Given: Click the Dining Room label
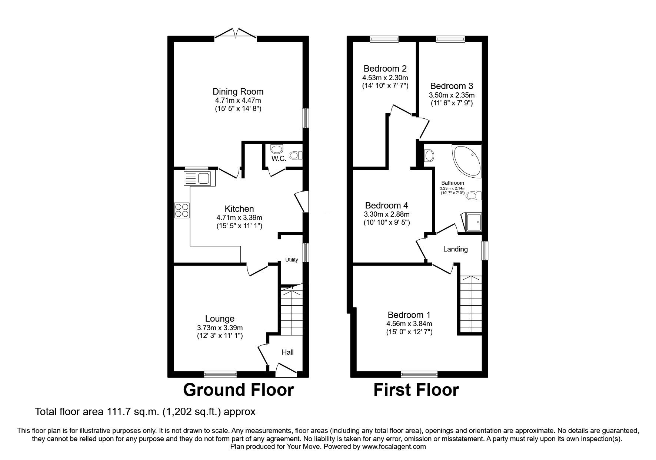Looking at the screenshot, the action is [x=238, y=91].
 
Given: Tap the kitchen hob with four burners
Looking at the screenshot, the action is [x=182, y=211].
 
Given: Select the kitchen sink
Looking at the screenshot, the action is [x=197, y=178].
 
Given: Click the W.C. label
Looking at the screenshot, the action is [x=279, y=159].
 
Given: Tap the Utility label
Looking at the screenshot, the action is [x=292, y=260].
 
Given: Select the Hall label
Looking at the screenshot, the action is [x=287, y=352].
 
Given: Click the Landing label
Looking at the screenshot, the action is [x=455, y=249].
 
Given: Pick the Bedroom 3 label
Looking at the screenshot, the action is [x=452, y=86].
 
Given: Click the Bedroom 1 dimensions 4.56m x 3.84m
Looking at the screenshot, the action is [x=409, y=323].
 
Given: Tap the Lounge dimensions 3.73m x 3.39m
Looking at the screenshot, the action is [x=220, y=328].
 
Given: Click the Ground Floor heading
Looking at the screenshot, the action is [x=239, y=390].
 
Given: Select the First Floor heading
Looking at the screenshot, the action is [x=416, y=390].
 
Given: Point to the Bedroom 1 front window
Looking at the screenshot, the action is [x=419, y=374].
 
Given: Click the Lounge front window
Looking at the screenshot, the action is [x=220, y=374].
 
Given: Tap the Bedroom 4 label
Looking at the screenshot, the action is [x=387, y=206].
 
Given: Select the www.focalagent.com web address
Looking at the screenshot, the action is [x=394, y=447].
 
